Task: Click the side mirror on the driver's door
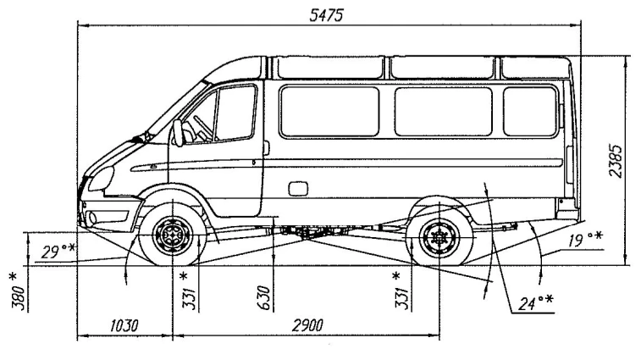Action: (x=178, y=132)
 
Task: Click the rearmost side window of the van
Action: (x=531, y=111)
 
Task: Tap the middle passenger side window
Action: (x=443, y=111)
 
